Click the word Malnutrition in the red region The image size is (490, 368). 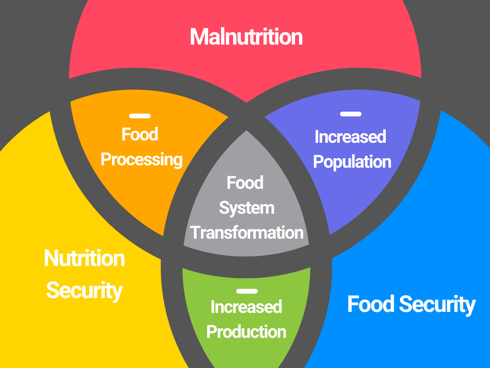(246, 37)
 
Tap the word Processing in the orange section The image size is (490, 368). (142, 160)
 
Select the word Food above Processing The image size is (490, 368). (140, 134)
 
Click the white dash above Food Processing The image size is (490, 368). (140, 116)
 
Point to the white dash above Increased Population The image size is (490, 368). (351, 114)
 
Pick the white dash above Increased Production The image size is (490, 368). (247, 291)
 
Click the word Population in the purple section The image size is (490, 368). (352, 162)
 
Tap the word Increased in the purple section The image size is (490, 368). (350, 137)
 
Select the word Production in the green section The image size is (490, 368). (246, 332)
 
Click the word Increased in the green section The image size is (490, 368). (246, 307)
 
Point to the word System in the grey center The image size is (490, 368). (246, 208)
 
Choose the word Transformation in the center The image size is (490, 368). (246, 233)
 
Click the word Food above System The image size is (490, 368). (245, 183)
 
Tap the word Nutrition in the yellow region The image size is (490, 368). (84, 258)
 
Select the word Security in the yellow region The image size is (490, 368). (84, 291)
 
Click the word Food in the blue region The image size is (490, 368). (371, 304)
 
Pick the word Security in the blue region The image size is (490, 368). (437, 305)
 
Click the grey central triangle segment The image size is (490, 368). (246, 200)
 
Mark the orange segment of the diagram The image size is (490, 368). (141, 175)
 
